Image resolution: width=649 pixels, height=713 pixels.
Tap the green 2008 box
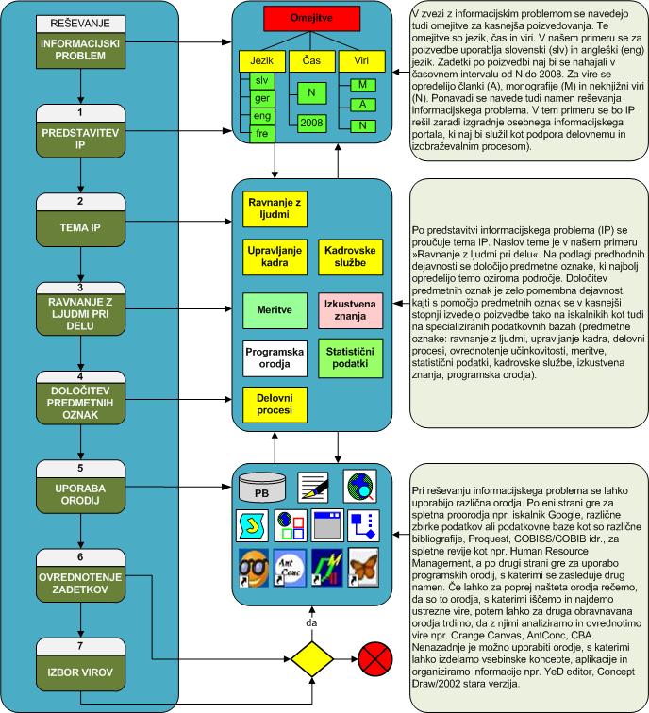coord(310,122)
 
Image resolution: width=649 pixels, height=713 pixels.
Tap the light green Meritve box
coord(271,308)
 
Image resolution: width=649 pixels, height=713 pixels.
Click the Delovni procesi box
coord(271,406)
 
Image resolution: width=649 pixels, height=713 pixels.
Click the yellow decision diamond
coord(312,656)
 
